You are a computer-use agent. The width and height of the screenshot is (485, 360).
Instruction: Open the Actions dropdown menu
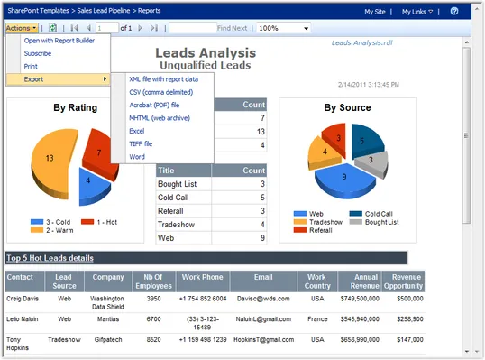click(19, 28)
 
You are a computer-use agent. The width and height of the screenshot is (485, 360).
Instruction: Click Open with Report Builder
click(59, 41)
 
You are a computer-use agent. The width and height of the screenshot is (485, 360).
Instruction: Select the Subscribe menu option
click(38, 53)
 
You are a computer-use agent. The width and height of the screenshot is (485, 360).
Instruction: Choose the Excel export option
click(137, 131)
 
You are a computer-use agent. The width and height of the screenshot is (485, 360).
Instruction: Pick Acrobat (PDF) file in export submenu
click(154, 105)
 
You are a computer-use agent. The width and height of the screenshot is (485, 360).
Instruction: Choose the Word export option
click(137, 156)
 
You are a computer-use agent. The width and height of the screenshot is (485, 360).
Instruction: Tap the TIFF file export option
click(141, 143)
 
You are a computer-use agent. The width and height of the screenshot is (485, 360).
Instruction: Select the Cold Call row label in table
click(174, 197)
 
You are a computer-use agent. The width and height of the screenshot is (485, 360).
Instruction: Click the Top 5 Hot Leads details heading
click(50, 258)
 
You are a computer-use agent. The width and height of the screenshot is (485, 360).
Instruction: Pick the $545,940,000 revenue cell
click(360, 318)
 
